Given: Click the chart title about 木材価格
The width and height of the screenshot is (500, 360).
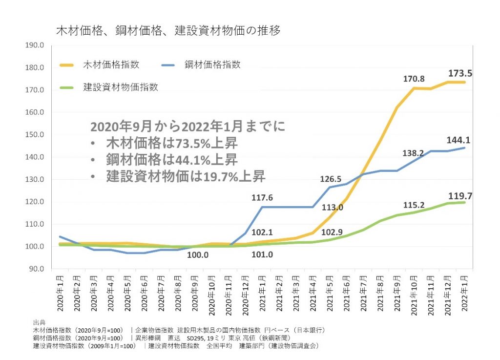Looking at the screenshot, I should (168, 30).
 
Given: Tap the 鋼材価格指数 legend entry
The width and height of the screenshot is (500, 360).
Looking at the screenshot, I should (212, 64).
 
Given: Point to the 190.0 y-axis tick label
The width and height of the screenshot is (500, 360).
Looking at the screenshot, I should (35, 45).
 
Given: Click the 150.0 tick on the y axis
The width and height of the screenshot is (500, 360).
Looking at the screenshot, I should (35, 135).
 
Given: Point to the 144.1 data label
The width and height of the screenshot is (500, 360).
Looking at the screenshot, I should (458, 140).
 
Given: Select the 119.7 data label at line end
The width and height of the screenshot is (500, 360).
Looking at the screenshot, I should (459, 196).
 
